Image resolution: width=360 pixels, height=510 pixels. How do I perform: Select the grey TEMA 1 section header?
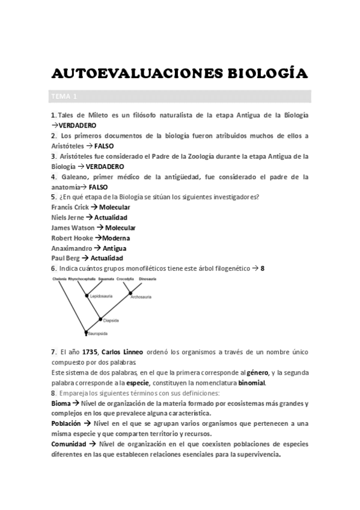coord(65,97)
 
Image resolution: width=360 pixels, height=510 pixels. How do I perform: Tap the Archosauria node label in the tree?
coord(142,295)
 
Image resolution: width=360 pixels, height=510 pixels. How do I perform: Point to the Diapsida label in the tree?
coord(111,321)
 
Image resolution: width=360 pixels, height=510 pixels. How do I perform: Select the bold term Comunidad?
coord(69,444)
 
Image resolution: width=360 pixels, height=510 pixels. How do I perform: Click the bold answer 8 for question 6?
coord(263,269)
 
